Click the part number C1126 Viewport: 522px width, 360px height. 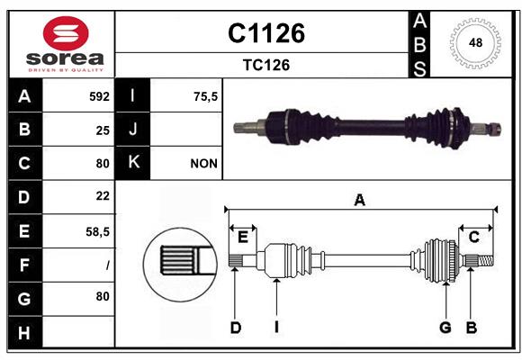265,33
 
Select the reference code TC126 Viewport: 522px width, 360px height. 265,65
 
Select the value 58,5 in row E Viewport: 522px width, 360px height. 97,231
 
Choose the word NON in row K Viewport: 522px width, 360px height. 202,164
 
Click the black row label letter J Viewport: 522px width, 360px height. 133,130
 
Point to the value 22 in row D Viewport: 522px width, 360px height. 103,196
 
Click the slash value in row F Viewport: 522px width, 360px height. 107,265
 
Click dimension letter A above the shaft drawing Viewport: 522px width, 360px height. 360,201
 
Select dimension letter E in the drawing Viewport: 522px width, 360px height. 242,237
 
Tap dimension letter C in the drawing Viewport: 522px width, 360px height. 473,237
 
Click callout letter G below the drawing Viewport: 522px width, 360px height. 445,328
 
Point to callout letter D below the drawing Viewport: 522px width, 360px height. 235,328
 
